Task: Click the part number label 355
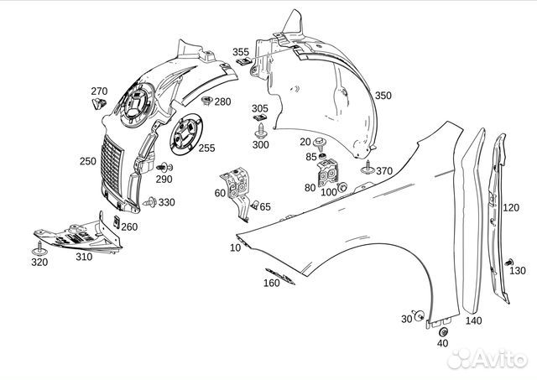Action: point(241,52)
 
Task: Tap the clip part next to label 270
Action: point(99,103)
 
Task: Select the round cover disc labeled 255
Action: point(186,134)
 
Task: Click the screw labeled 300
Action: point(260,131)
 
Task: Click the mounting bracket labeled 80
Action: point(328,174)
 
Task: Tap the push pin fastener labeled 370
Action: point(368,168)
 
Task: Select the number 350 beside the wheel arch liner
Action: point(383,95)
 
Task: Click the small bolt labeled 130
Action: point(508,263)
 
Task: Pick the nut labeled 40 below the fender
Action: point(443,332)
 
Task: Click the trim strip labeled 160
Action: point(279,276)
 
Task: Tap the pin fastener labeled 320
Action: point(39,249)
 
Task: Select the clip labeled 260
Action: point(117,221)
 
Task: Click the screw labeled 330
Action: point(150,202)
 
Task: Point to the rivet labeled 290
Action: point(164,168)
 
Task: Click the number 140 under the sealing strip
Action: point(473,320)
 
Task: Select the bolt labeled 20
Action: point(320,143)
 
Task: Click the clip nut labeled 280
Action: point(206,101)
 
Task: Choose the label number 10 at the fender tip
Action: point(235,247)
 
